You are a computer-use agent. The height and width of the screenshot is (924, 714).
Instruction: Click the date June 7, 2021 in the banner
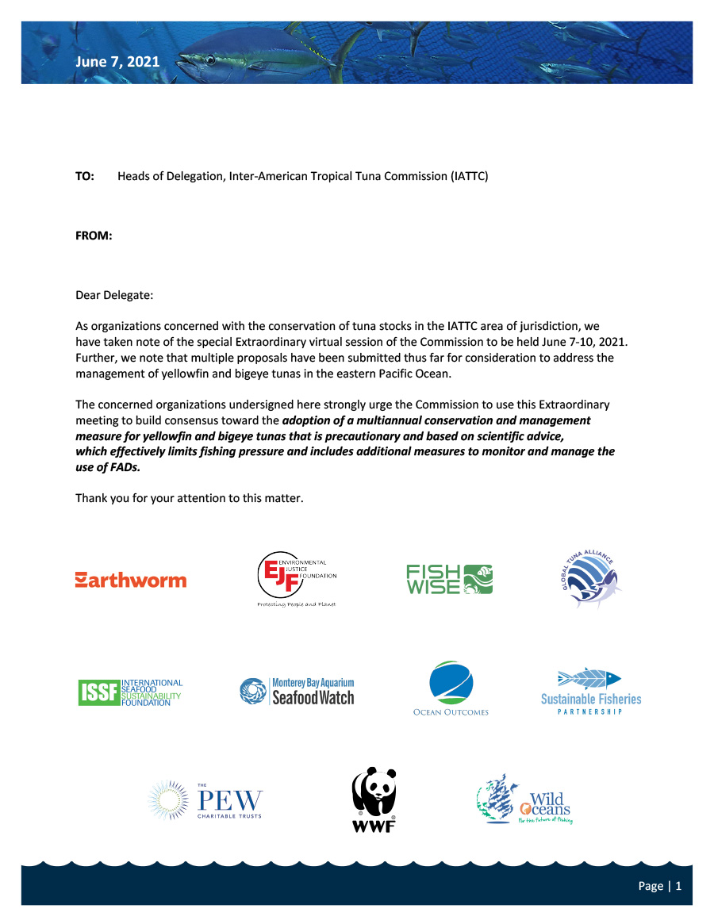(117, 61)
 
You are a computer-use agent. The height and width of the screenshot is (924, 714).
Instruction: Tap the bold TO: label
(85, 175)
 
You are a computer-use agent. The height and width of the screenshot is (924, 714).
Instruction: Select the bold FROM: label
(94, 236)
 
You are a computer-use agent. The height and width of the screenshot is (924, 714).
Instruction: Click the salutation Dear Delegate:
(114, 296)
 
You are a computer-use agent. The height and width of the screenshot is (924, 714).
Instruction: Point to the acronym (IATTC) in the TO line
(470, 175)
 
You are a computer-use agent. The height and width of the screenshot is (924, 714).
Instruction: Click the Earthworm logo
(131, 580)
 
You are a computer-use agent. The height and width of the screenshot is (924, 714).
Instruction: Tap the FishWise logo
(449, 579)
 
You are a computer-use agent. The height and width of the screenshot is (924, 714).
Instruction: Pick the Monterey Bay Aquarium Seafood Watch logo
(297, 691)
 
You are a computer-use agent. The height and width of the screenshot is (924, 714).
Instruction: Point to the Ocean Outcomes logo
(451, 688)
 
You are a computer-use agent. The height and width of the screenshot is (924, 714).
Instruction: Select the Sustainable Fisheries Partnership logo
(590, 692)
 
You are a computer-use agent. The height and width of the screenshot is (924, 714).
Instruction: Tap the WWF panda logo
(374, 800)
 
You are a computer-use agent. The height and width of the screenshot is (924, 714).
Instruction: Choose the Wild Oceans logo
(524, 799)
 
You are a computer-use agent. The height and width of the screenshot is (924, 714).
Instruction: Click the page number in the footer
(660, 886)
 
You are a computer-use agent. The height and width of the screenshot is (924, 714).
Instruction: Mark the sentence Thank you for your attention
(190, 498)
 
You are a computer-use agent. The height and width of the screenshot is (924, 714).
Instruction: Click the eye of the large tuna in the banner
(209, 59)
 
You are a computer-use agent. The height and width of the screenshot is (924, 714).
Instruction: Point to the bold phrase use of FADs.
(113, 468)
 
